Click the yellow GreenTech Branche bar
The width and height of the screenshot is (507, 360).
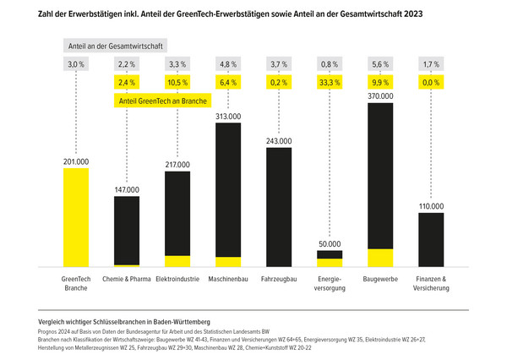tap(76, 217)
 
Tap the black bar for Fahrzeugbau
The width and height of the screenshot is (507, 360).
tap(279, 207)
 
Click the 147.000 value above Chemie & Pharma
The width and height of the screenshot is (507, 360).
tap(127, 190)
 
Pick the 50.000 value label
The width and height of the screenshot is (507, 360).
tap(330, 244)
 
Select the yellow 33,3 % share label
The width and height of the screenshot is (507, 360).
tap(330, 83)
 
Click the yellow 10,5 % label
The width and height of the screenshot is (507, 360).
tap(177, 83)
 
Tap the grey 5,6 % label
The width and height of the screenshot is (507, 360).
tap(380, 63)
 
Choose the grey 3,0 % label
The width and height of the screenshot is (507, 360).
tap(76, 63)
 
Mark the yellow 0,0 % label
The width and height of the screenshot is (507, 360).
tap(431, 83)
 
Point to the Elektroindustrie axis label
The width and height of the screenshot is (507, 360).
tap(177, 278)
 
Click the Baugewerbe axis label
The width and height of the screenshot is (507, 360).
tap(380, 278)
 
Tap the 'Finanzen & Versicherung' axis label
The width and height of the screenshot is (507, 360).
tap(431, 283)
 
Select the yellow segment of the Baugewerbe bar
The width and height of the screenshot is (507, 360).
tap(380, 258)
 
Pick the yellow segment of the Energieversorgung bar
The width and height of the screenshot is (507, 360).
tap(330, 263)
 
